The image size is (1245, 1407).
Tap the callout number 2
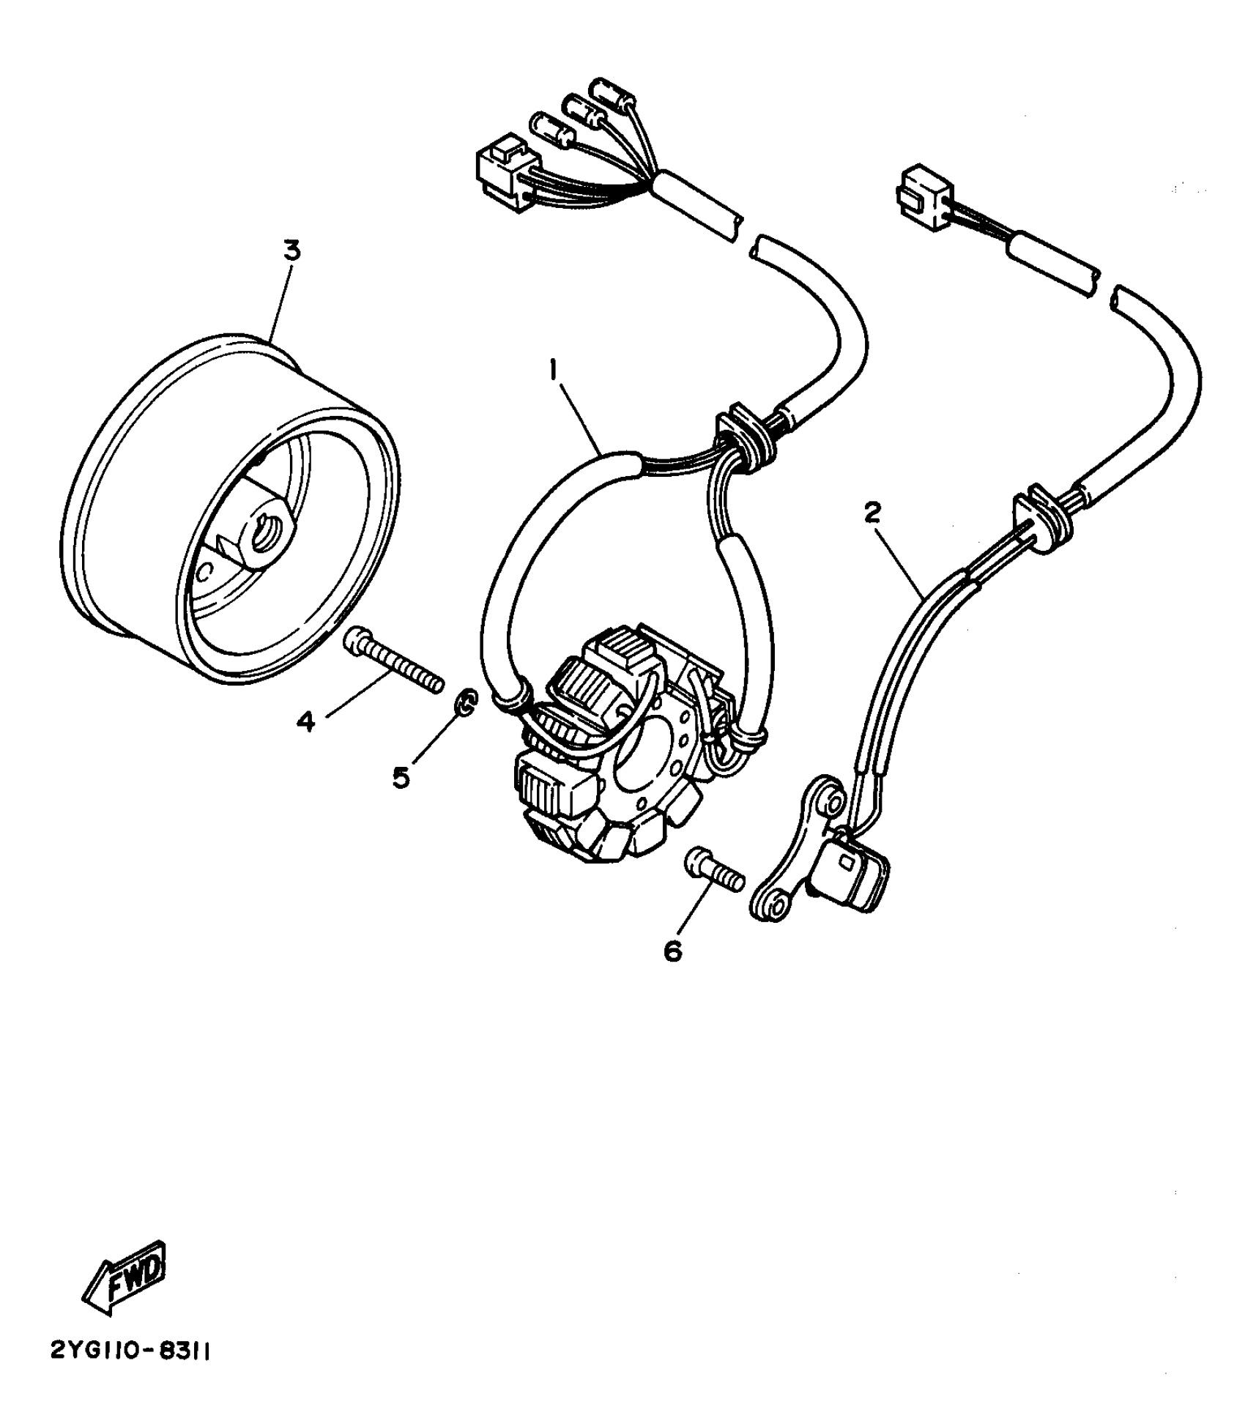pos(872,514)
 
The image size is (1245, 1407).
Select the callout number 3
pos(291,251)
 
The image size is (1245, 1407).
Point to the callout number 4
pos(305,721)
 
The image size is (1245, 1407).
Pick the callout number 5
pos(401,777)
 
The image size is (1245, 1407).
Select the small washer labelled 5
pos(465,703)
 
